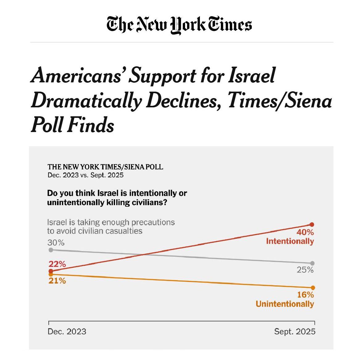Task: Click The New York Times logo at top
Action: (x=180, y=25)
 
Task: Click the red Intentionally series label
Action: (x=290, y=241)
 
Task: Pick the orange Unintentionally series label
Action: (x=284, y=304)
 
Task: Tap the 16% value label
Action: (x=305, y=295)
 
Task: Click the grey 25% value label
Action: (x=305, y=270)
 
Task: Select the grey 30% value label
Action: (x=56, y=243)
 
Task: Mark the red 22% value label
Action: (x=57, y=264)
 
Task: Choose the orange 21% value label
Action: (x=57, y=281)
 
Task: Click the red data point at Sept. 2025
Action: (x=312, y=224)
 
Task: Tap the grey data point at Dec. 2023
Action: (x=51, y=250)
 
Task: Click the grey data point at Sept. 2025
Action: (x=312, y=263)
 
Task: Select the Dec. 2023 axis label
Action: (x=67, y=332)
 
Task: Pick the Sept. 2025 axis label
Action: (x=295, y=332)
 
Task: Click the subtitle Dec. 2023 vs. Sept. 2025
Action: (x=85, y=175)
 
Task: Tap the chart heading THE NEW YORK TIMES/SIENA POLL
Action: (x=105, y=167)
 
